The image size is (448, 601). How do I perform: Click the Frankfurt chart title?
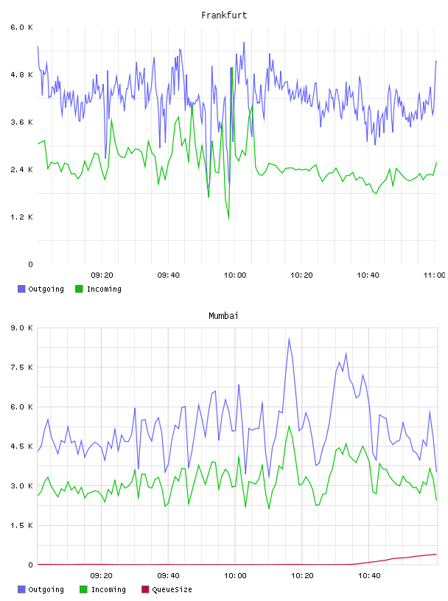[224, 15]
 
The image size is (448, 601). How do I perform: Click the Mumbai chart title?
[223, 316]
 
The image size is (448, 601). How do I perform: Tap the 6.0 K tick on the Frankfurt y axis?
[21, 27]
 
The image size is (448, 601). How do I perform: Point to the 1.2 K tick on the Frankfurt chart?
[21, 217]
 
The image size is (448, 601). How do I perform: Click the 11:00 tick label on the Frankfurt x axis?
[434, 275]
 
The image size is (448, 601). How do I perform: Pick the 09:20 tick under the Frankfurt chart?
[102, 275]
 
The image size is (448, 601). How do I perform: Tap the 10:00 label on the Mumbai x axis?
[235, 576]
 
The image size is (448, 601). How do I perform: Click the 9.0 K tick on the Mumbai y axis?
[21, 328]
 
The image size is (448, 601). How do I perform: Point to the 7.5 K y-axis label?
[21, 368]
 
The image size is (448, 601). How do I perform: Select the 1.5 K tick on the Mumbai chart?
[21, 525]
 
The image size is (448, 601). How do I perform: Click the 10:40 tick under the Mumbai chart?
[369, 576]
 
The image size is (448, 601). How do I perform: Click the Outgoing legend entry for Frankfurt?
[41, 289]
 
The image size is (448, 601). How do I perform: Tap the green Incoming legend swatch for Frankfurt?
[79, 289]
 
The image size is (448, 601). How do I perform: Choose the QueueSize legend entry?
[167, 589]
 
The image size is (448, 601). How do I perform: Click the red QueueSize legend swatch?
[145, 589]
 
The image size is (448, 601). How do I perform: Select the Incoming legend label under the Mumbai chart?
[108, 589]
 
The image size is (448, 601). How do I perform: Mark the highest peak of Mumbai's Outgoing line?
[289, 338]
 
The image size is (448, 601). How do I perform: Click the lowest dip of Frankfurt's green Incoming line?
[229, 219]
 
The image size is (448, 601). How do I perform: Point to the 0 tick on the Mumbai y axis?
[30, 565]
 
